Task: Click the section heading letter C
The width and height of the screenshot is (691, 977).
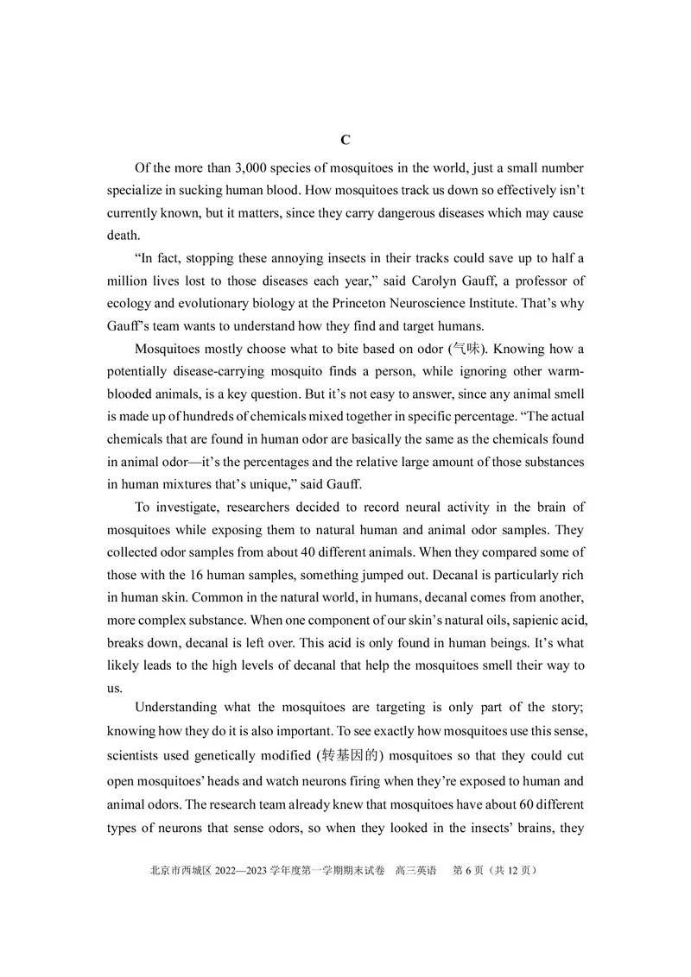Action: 345,140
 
